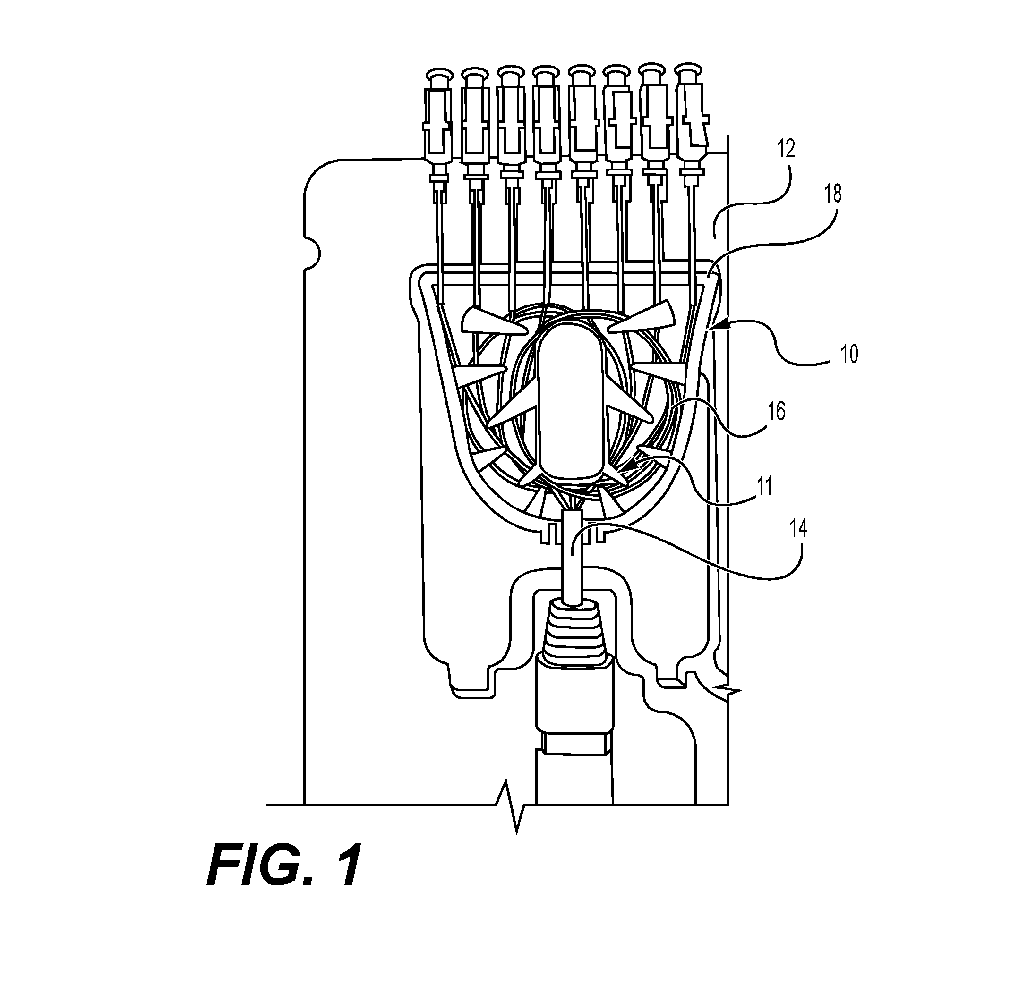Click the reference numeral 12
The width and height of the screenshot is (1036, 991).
(786, 150)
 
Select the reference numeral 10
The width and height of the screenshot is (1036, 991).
(849, 354)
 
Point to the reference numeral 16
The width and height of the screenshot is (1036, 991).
(776, 410)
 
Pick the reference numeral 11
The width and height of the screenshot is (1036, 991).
(764, 485)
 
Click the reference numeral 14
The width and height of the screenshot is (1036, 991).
(798, 528)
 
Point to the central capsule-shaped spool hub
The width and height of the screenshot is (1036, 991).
(570, 403)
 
